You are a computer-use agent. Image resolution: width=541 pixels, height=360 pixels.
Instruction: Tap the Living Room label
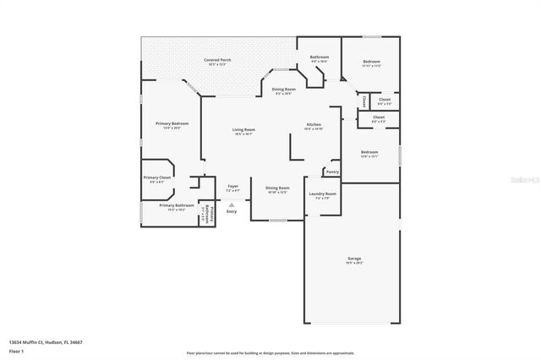(x=243, y=129)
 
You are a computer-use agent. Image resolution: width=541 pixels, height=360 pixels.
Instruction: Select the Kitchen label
(x=314, y=125)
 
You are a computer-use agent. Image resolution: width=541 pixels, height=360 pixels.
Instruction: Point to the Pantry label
(x=332, y=172)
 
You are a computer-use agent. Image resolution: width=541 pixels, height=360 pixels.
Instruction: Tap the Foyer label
(x=232, y=186)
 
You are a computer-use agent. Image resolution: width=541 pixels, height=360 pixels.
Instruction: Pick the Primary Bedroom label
(x=172, y=123)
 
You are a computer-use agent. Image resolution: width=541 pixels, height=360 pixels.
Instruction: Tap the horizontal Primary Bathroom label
(x=177, y=205)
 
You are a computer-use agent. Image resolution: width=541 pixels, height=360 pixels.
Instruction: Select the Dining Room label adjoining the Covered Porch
(x=283, y=89)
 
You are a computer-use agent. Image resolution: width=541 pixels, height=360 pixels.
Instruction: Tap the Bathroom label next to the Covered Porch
(x=320, y=57)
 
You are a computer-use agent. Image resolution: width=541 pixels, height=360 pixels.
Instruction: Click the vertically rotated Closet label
(x=364, y=101)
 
